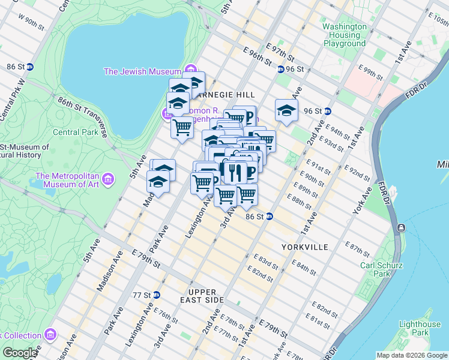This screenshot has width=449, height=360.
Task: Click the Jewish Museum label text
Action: [143, 71]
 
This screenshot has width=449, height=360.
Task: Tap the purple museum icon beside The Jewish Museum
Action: [191, 71]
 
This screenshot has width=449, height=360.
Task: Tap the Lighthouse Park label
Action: [420, 328]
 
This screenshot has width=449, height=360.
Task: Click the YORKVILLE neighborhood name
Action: [305, 247]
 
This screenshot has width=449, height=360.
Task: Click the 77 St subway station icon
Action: [157, 295]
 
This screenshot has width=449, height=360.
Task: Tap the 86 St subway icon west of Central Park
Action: [29, 67]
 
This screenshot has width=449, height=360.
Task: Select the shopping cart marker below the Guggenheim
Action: [181, 127]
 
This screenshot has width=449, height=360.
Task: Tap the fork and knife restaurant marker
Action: [235, 172]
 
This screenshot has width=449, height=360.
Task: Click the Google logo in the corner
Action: [20, 353]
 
